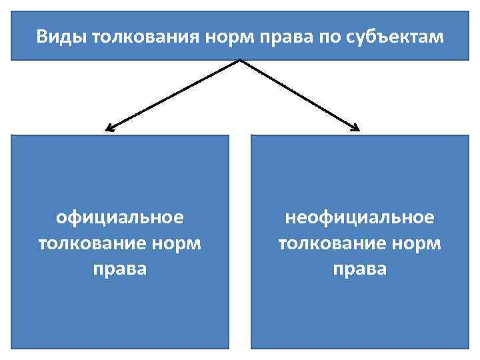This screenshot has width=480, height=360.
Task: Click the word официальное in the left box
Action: tap(120, 218)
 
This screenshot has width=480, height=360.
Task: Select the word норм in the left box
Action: tap(177, 243)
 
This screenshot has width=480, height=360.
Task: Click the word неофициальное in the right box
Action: tap(359, 218)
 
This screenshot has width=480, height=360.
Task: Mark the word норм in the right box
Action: tap(416, 243)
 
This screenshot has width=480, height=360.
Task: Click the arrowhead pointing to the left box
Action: tap(109, 128)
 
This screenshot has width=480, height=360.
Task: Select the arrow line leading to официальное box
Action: tap(173, 94)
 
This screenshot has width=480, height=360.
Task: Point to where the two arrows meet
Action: tap(239, 61)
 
